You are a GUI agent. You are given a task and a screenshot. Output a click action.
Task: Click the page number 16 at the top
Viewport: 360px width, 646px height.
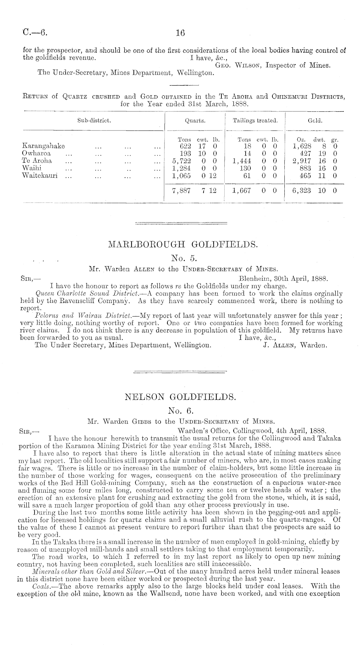180,33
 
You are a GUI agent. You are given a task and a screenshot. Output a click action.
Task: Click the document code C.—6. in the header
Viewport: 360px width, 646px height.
35,32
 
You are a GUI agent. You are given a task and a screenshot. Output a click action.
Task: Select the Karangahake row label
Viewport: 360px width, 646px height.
43,146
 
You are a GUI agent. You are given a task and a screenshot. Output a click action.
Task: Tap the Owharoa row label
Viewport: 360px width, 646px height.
36,153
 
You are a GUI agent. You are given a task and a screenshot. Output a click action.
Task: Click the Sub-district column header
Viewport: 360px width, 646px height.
94,120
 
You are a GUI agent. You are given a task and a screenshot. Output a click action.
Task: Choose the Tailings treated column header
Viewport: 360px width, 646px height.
255,120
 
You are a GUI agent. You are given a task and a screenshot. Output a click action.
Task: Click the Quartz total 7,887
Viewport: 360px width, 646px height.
182,191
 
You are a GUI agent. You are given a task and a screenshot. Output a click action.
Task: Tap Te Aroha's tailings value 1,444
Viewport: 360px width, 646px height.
242,161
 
